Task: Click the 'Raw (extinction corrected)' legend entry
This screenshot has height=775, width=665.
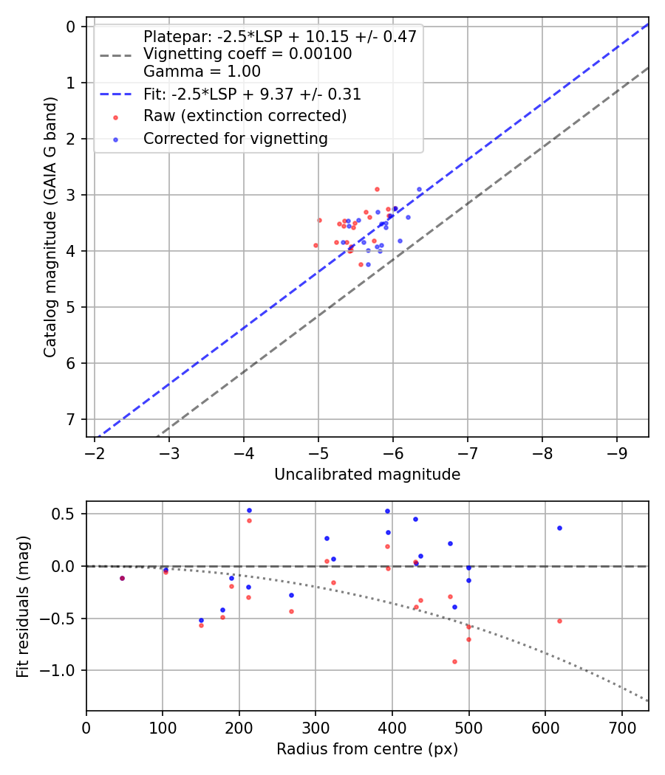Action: coord(245,117)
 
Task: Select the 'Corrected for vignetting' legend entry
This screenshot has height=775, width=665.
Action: coord(235,139)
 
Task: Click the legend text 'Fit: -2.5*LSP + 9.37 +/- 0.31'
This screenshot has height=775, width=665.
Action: coord(252,94)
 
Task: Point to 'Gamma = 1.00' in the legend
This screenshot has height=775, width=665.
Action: coord(202,72)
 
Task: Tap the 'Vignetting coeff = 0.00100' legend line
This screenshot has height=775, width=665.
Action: coord(248,54)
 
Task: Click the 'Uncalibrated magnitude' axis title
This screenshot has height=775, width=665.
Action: coord(367,475)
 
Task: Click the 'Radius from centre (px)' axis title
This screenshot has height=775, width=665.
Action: coord(367,749)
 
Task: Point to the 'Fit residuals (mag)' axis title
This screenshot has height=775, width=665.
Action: coord(23,606)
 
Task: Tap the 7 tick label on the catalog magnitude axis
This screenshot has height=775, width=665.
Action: coord(72,419)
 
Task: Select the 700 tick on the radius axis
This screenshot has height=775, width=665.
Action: coord(621,727)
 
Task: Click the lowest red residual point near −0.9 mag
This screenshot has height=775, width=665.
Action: coord(454,661)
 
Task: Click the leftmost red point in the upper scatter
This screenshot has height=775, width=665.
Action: coord(316,245)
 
